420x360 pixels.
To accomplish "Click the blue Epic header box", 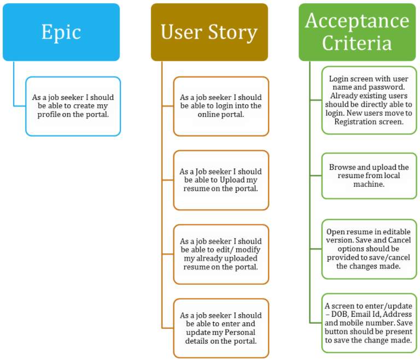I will pos(61,32).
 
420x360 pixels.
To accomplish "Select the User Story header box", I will pos(209,32).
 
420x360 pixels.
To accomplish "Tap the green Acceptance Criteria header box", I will pos(357,32).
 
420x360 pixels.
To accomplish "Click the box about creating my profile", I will pos(73,107).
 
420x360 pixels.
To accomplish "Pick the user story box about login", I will pos(221,107).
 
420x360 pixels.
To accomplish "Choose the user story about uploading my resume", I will pos(221,180).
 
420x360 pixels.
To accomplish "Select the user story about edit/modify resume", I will pos(221,254).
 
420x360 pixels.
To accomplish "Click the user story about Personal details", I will pos(221,328).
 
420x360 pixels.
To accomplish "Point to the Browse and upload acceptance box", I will pos(369,176).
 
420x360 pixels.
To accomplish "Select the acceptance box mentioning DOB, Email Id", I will pos(369,322).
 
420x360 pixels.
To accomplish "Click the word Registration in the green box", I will pos(356,122).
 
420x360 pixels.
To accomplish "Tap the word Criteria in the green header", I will pos(357,43).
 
